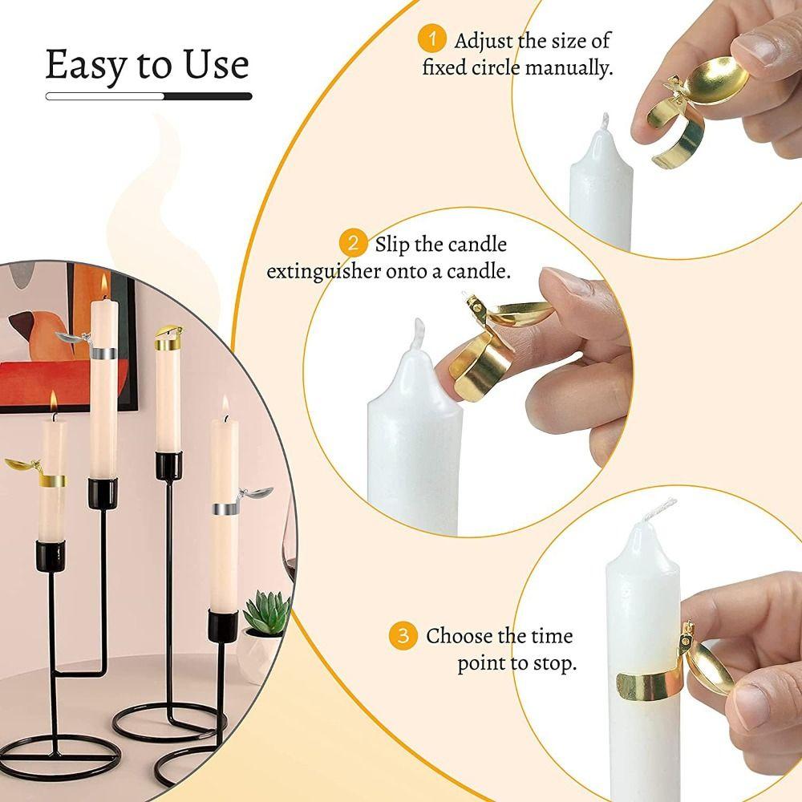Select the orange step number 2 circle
(351, 243)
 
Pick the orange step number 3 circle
(403, 637)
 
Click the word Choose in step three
(459, 637)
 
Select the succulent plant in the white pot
(264, 614)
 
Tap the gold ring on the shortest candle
(53, 480)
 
